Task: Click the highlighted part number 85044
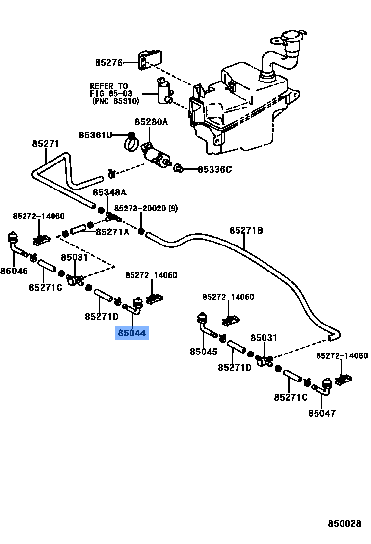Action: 131,334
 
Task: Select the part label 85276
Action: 108,62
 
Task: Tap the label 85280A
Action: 151,121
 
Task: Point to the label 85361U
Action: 96,135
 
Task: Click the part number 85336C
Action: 214,169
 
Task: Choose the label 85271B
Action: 246,230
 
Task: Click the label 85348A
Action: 109,192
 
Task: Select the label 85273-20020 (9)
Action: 146,208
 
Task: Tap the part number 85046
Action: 14,271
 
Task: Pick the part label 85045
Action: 204,352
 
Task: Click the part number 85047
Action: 322,413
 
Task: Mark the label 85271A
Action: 112,232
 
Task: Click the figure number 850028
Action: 344,524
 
